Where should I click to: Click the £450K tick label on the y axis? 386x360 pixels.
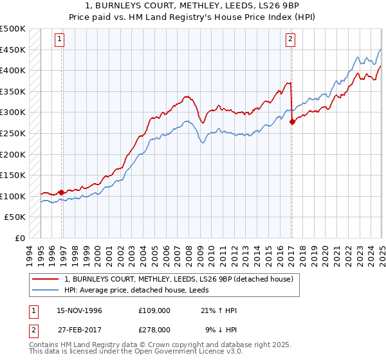point(13,50)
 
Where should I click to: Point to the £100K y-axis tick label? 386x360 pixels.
point(13,196)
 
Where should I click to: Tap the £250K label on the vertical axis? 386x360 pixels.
point(13,133)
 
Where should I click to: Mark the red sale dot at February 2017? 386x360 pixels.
point(292,121)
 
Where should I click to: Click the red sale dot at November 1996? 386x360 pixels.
point(62,192)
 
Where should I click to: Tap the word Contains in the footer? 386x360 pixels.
point(45,345)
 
